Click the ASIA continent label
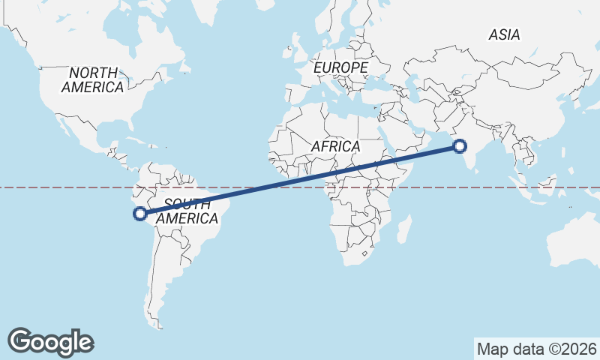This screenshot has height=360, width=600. pos(504,34)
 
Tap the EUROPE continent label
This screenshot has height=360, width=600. pos(341,68)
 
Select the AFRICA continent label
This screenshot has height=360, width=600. pos(335,146)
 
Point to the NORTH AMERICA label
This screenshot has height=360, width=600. pos(93,80)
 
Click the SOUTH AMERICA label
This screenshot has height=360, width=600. pos(191,211)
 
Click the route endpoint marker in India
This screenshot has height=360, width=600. pos(460,147)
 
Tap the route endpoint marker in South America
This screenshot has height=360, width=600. pos(139,214)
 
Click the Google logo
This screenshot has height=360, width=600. pos(51,342)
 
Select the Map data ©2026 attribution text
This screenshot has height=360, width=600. pos(537,349)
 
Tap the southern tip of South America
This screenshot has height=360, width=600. pos(159,327)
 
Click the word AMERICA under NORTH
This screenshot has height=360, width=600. pos(93,88)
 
